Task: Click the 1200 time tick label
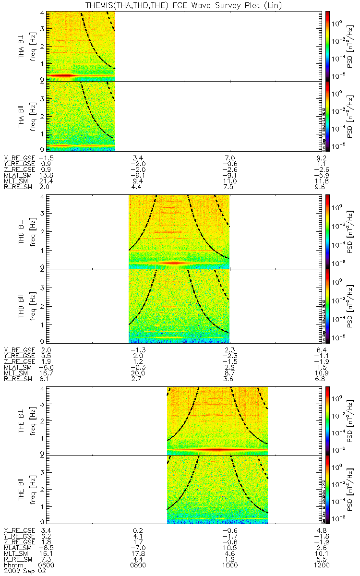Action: point(320,565)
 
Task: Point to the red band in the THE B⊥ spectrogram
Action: point(216,450)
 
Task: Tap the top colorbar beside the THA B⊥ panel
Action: point(328,45)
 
